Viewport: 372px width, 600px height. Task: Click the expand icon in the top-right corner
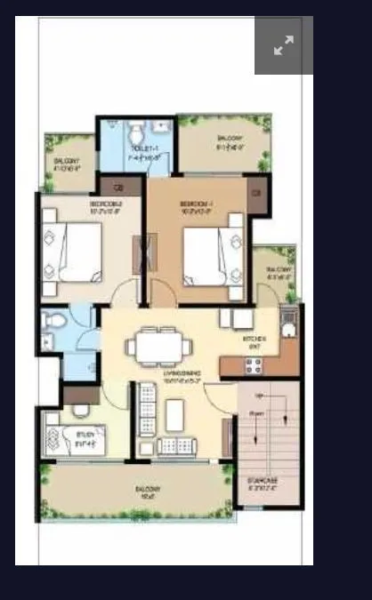pos(284,46)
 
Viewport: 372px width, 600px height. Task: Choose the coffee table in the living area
pos(174,413)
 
